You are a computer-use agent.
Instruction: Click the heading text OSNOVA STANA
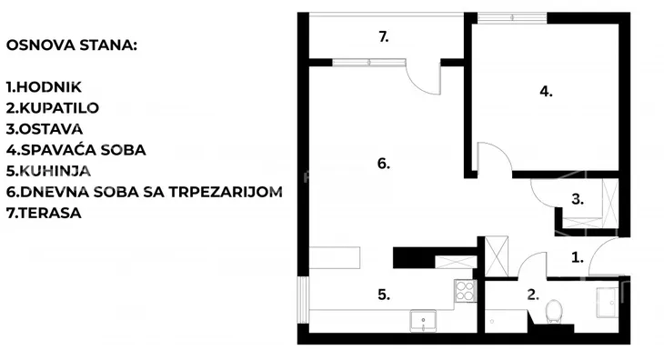70,45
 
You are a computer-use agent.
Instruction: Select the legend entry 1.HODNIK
44,87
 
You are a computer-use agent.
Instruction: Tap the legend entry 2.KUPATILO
52,108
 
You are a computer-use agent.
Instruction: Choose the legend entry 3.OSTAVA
45,129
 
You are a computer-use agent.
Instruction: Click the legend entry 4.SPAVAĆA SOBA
75,150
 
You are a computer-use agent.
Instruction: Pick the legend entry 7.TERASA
43,213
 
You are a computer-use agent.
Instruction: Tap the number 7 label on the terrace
384,37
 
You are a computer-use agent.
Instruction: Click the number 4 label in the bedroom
546,91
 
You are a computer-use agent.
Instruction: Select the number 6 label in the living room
383,164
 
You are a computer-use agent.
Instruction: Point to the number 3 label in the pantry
577,197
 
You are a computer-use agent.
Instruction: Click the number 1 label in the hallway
577,257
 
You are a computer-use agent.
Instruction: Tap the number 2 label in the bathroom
533,295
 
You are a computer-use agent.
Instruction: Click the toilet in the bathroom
554,313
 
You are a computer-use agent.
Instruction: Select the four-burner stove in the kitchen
464,292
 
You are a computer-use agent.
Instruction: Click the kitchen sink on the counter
424,319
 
